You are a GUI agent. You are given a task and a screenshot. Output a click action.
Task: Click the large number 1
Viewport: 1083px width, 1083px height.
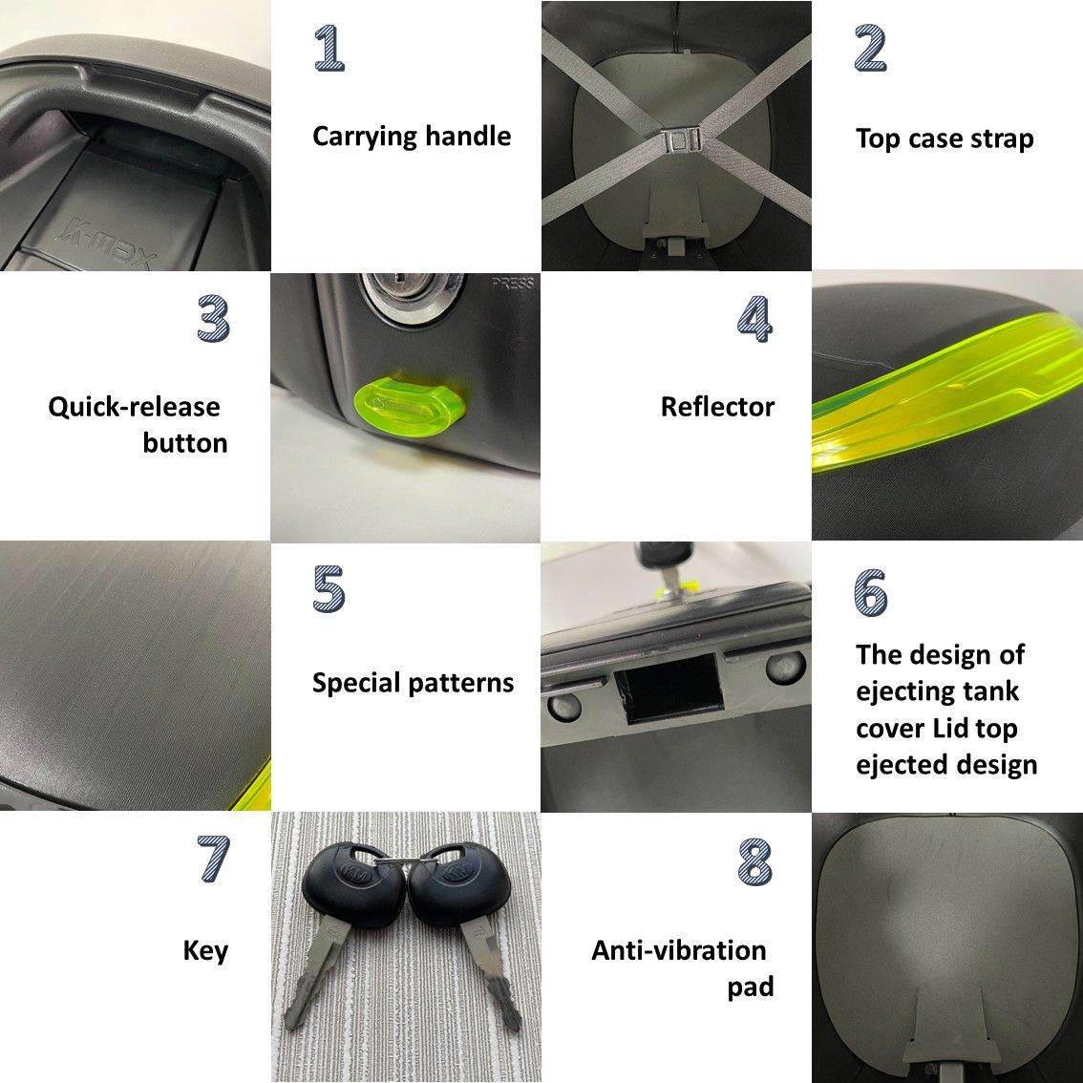click(x=329, y=48)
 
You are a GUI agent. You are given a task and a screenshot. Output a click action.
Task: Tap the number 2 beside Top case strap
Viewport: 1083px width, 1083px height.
click(x=870, y=48)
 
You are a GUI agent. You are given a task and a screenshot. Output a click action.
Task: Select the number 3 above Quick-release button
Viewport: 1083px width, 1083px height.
click(x=213, y=318)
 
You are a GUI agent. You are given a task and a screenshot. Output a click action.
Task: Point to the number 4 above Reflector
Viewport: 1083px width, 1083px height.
click(x=754, y=318)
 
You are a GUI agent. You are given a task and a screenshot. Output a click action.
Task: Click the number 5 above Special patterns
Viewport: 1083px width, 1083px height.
click(x=329, y=588)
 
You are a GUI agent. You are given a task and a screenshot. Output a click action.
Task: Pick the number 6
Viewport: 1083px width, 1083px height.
click(x=870, y=592)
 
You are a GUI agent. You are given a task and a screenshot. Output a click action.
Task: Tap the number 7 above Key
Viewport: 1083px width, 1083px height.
click(x=213, y=859)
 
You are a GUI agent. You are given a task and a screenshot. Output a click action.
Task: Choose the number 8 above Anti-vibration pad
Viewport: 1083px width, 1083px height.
click(x=754, y=862)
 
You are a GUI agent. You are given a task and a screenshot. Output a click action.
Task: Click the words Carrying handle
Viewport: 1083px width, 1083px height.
click(x=412, y=137)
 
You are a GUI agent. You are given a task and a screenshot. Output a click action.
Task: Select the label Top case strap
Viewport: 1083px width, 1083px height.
click(x=945, y=138)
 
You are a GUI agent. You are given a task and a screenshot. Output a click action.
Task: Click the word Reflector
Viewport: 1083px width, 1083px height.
click(x=717, y=407)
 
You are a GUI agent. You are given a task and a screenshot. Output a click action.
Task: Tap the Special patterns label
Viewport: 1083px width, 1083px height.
click(x=413, y=683)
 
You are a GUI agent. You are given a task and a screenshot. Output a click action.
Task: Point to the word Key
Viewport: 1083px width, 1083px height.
click(x=205, y=951)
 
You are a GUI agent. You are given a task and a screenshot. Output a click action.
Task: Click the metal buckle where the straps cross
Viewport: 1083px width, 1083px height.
click(x=683, y=139)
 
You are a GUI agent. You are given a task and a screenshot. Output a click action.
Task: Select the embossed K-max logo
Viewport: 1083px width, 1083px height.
click(x=109, y=245)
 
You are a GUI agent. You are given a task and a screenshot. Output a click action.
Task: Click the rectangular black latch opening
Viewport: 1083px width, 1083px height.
click(x=669, y=689)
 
